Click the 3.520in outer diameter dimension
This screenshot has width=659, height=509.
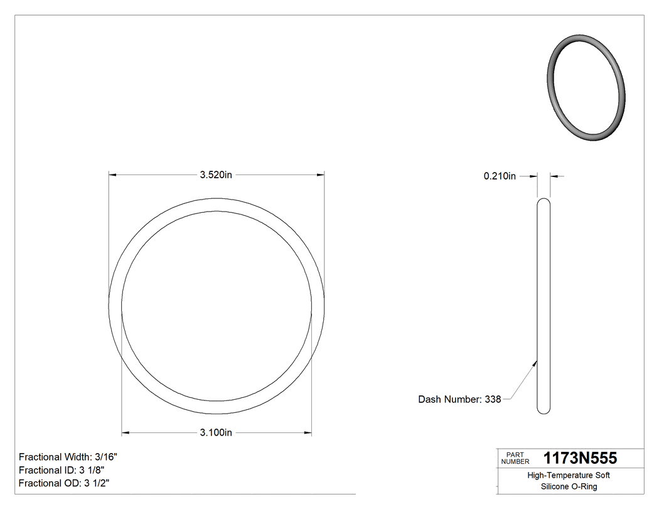click(x=216, y=175)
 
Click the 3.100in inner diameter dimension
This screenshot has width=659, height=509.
click(x=216, y=432)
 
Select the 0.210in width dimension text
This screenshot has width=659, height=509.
click(x=500, y=176)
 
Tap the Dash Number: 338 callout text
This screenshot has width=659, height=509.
click(x=459, y=399)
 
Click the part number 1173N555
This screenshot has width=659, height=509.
click(x=580, y=458)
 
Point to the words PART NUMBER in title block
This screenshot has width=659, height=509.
click(x=512, y=458)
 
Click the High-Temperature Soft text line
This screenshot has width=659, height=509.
click(x=569, y=475)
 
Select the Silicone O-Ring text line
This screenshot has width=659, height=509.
click(x=569, y=486)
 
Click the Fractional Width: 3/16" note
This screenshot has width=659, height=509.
click(x=68, y=457)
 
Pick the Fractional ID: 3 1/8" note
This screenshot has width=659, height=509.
click(x=62, y=470)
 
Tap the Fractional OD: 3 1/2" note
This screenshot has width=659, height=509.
click(x=65, y=483)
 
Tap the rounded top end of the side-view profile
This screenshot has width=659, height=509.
click(x=544, y=201)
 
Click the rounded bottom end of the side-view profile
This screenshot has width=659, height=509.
click(x=544, y=411)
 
